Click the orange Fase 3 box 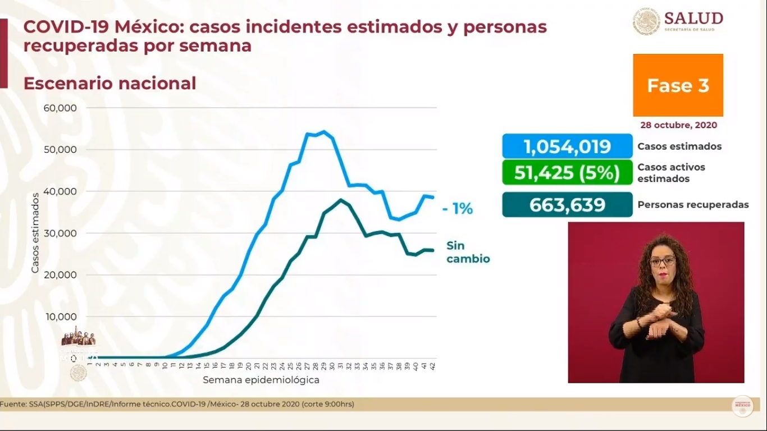678,85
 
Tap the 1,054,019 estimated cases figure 567,147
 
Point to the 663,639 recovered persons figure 567,205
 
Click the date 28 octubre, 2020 678,125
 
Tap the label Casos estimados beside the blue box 679,146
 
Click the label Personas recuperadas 693,205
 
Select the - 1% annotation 457,209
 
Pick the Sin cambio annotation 468,252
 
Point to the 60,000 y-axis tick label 60,108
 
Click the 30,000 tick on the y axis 60,233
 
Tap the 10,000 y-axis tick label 60,317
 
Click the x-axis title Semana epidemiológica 261,380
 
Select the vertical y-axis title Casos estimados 35,233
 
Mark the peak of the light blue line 324,131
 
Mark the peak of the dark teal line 341,199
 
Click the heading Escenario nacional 109,84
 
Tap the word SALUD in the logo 693,18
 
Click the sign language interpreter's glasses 663,262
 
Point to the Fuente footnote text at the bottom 177,404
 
